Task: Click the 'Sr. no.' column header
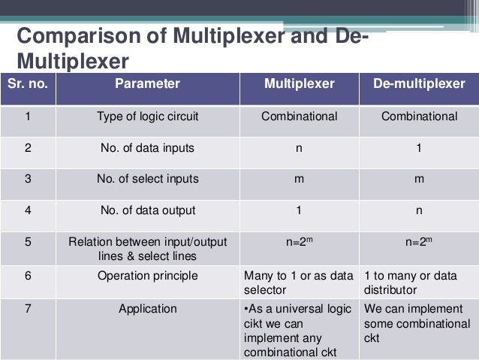[x=28, y=84]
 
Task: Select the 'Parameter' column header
[x=147, y=84]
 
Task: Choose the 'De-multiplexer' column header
[x=419, y=84]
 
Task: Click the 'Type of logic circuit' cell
[x=147, y=116]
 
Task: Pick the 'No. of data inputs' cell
[x=147, y=148]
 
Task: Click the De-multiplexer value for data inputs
[x=419, y=148]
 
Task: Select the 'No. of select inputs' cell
[x=147, y=180]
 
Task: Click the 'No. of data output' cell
[x=147, y=211]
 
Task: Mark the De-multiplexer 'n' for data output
[x=419, y=211]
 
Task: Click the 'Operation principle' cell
[x=147, y=276]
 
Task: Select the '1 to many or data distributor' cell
[x=419, y=282]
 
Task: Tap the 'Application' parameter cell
[x=147, y=308]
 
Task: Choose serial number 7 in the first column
[x=28, y=308]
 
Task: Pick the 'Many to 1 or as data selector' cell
[x=299, y=282]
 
